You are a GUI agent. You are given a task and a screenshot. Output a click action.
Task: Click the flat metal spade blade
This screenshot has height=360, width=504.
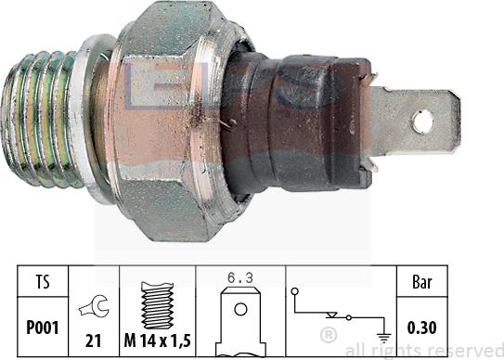(x=418, y=121)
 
